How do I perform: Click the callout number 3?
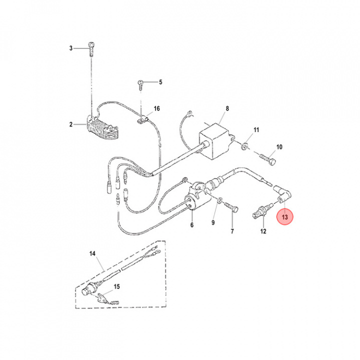[x=71, y=48]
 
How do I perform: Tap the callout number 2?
[x=71, y=124]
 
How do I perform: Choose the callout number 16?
[x=156, y=108]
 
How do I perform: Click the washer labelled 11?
[x=245, y=146]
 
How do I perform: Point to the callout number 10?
[x=279, y=147]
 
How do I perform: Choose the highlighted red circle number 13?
[x=285, y=217]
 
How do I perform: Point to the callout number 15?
[x=117, y=286]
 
